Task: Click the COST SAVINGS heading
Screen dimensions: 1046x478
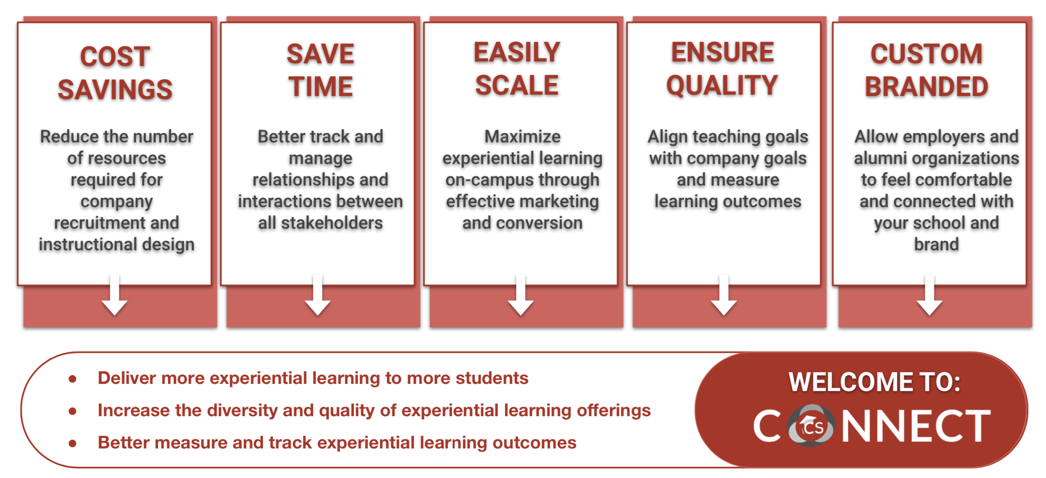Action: pos(115,73)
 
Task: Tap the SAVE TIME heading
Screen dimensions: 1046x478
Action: pos(320,70)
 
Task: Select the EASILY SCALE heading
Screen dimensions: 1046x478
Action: pos(517,69)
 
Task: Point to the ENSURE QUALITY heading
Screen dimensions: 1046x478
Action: pos(722,69)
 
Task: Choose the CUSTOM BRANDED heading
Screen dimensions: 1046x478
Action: pos(926,70)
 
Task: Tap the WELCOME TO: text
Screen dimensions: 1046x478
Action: pos(874,382)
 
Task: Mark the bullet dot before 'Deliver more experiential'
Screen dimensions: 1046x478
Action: pos(73,379)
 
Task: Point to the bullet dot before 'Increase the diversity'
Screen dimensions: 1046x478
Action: pos(73,411)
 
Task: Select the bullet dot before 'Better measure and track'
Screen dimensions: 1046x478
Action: pos(73,443)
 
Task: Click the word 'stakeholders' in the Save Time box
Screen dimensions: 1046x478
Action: pos(332,223)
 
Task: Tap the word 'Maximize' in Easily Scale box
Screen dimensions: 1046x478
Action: pos(523,136)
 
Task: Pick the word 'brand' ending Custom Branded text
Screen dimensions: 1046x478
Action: pos(937,244)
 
